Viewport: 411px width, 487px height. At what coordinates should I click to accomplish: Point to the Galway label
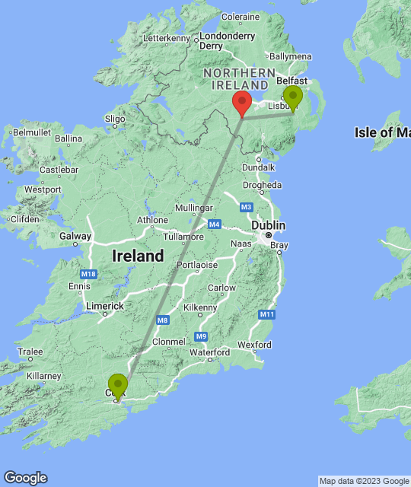[75, 236]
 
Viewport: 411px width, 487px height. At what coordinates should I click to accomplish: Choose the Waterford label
[210, 352]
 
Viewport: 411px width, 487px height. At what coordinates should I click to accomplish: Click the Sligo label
[115, 119]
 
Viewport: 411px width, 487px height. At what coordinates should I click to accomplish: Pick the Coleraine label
[241, 16]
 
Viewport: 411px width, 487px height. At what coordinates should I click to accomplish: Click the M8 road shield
[162, 320]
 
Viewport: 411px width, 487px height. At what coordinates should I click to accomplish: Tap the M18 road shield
[85, 273]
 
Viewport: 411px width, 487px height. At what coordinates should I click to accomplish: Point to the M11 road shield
[266, 314]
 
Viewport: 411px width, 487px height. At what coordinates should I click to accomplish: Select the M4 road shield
[215, 224]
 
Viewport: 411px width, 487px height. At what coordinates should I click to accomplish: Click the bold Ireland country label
[138, 256]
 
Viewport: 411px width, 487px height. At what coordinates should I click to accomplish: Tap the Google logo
[24, 477]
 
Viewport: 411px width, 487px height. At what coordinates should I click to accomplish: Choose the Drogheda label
[263, 185]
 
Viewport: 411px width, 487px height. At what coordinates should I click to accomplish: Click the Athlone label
[152, 221]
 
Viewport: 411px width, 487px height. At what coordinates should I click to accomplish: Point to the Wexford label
[254, 345]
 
